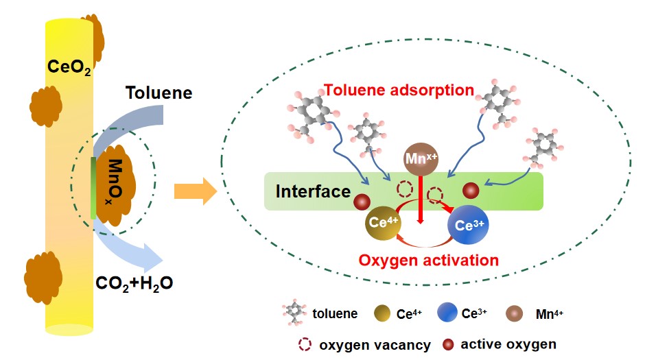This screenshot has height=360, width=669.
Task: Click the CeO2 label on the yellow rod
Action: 69,67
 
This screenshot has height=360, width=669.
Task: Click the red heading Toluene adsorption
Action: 399,90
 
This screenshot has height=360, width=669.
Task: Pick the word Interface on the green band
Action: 313,191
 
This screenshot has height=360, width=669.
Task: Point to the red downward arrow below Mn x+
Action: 421,202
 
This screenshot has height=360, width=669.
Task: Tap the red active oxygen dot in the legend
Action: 448,344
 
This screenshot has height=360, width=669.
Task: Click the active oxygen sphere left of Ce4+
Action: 362,202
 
